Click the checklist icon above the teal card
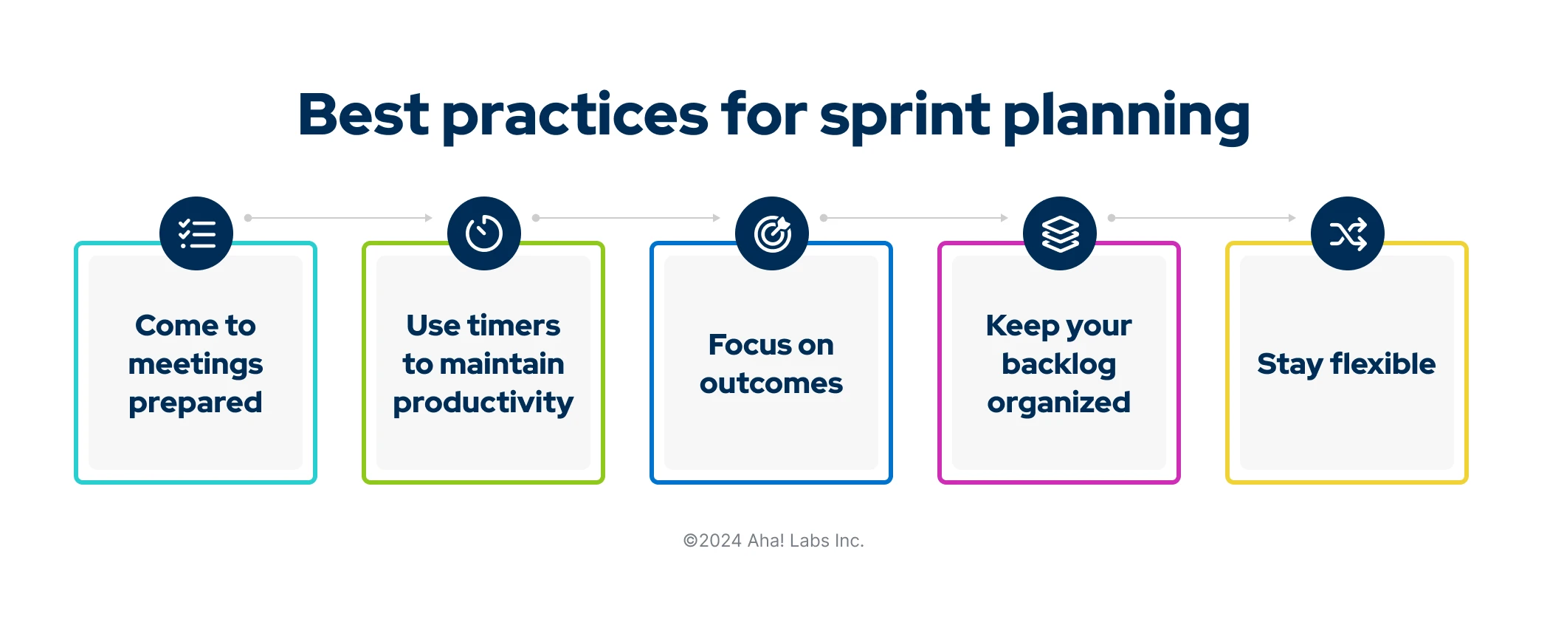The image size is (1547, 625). coord(196,233)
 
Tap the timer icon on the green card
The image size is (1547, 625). coord(484,233)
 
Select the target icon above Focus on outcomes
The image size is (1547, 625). coord(772,233)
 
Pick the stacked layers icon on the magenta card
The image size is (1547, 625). coord(1060,233)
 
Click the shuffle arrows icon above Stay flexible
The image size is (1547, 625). coord(1348,233)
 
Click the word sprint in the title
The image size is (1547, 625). coord(905,117)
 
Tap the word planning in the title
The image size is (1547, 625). coord(1126,117)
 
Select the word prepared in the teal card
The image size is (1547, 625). coord(196,403)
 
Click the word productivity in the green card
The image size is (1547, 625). coord(483,403)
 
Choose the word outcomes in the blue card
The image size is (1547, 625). coord(771,383)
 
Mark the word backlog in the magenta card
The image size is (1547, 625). coord(1059,364)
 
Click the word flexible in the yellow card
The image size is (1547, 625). coord(1383,363)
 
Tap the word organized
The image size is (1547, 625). coord(1059,403)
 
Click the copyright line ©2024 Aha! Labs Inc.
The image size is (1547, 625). coord(773,541)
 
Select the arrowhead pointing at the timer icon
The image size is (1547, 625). coord(429,218)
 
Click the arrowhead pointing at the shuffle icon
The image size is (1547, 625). coord(1292,218)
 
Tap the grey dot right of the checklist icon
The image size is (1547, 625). coord(248,218)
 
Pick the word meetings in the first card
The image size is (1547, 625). coord(196,365)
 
